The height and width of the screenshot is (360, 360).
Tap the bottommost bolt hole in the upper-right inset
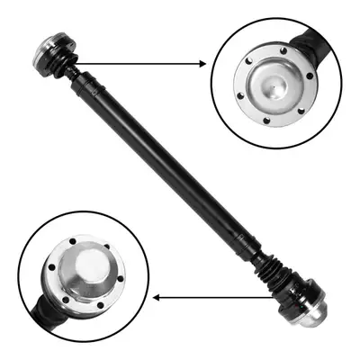(x=266, y=114)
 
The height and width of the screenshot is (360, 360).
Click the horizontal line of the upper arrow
(x=144, y=63)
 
